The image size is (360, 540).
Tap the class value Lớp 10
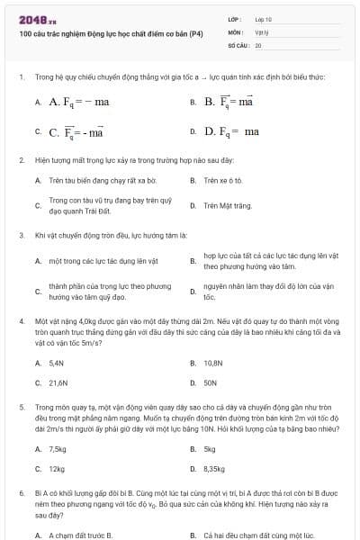[264, 18]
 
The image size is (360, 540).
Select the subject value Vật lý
[261, 31]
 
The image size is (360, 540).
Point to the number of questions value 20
[258, 44]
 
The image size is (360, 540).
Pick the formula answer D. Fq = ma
[231, 131]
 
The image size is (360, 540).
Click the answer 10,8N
[213, 363]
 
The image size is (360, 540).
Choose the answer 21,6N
[58, 382]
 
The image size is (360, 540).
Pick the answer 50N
[211, 382]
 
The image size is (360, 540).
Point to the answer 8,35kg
[214, 469]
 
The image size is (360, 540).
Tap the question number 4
[21, 319]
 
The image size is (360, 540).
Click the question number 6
[21, 494]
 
